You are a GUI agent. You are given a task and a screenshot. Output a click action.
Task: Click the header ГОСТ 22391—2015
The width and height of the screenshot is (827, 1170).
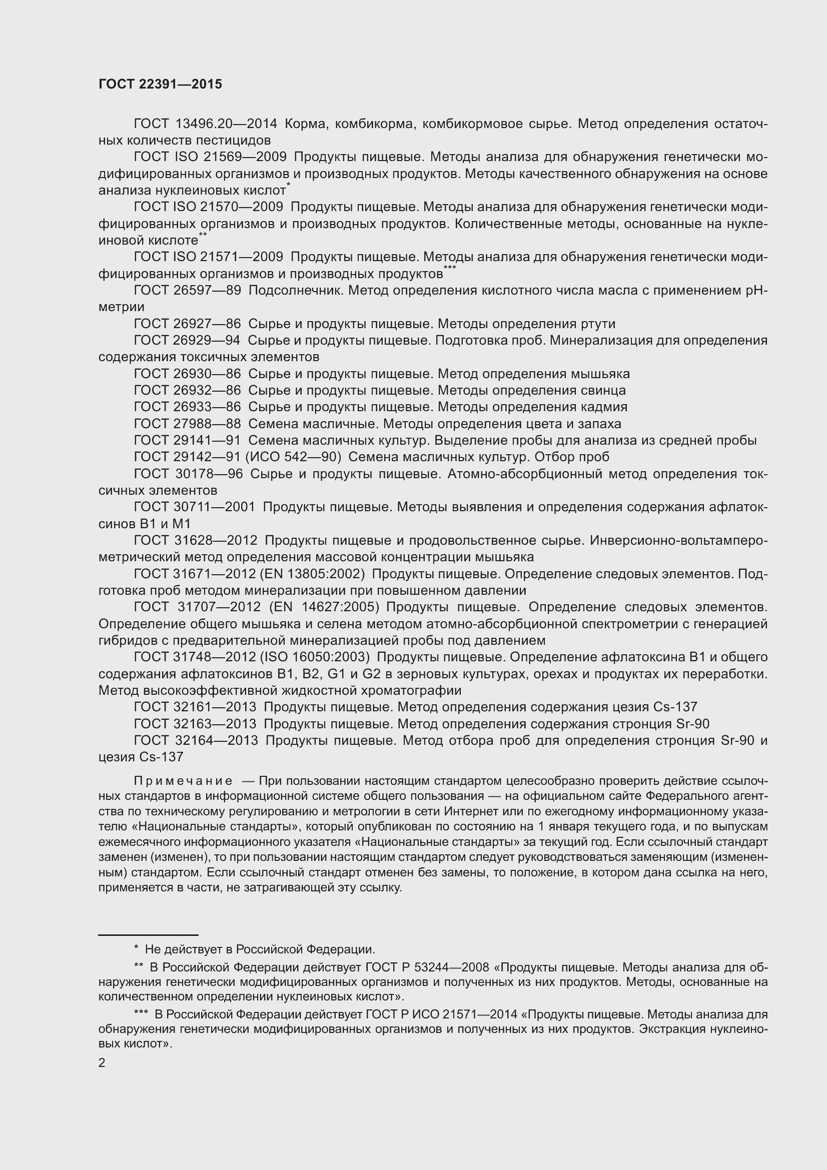[x=160, y=85]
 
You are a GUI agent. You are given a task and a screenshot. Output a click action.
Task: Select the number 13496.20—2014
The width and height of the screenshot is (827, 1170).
[x=226, y=124]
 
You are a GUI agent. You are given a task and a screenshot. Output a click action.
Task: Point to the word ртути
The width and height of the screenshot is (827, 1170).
[x=598, y=324]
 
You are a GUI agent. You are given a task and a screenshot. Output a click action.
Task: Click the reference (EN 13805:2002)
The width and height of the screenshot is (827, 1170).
[x=312, y=574]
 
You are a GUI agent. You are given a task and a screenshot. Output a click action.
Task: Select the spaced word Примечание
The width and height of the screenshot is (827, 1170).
[x=183, y=781]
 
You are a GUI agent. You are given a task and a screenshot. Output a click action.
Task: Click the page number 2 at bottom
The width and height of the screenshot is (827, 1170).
[x=102, y=1063]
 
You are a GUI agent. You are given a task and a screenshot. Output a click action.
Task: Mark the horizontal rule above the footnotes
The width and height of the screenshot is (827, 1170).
[x=148, y=935]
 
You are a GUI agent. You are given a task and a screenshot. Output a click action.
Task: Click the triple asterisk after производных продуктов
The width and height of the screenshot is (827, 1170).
[x=449, y=268]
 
